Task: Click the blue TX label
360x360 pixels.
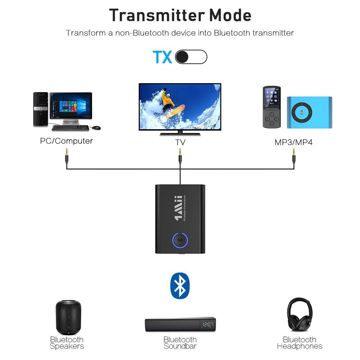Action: (162, 57)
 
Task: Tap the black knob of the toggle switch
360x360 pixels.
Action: (182, 57)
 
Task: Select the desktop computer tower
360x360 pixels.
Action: (40, 109)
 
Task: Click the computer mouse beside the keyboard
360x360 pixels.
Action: (96, 128)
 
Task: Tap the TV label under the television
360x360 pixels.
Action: (180, 142)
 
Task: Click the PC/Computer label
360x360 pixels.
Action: (66, 141)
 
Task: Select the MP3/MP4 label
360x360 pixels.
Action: (293, 142)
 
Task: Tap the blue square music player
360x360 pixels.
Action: (309, 112)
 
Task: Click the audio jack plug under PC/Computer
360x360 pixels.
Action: (67, 156)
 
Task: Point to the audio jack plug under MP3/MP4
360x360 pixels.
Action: (294, 156)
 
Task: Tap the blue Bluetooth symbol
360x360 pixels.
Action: (180, 286)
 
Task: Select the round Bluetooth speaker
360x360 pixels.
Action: (68, 317)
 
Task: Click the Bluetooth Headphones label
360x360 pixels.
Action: (300, 343)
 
